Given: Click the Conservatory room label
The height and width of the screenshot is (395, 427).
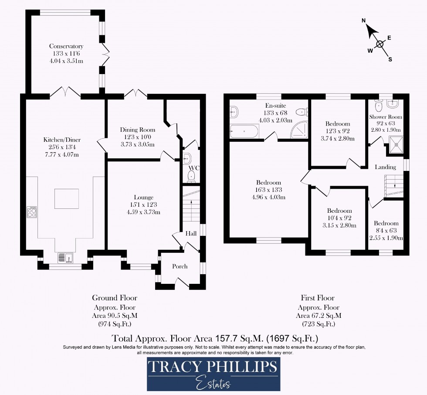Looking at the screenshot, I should [66, 46].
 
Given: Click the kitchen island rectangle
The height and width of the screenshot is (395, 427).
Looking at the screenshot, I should [67, 199].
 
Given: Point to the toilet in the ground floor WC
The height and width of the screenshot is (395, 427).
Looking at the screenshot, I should [191, 176].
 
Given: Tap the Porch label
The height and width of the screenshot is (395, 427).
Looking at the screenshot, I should [180, 266].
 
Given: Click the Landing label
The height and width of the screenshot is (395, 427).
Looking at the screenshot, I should [386, 167].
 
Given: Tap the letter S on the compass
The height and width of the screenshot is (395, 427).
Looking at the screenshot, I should [390, 60].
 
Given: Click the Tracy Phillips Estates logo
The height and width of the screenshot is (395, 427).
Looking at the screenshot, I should [213, 374].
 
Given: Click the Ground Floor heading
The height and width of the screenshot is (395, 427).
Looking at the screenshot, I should [115, 298].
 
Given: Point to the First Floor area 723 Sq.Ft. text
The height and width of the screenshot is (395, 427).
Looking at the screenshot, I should [318, 324].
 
